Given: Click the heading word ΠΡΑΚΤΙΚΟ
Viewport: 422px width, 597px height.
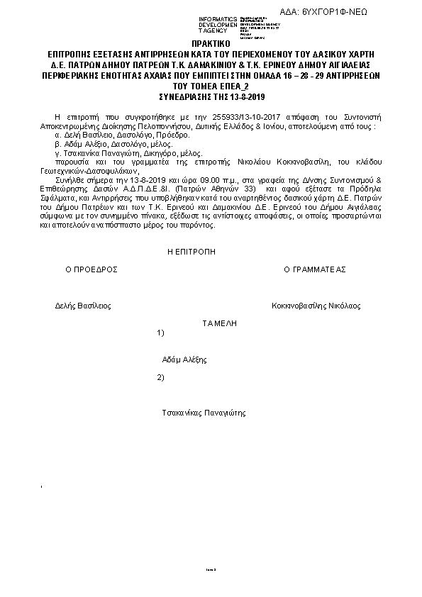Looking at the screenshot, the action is pos(211,44).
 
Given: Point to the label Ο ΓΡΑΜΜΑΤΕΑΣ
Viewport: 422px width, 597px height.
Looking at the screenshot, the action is pos(314,270).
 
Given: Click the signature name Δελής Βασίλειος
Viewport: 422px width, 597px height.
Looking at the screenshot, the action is pos(82,306).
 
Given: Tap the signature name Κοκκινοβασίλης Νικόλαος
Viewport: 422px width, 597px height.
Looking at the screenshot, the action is pos(316,306).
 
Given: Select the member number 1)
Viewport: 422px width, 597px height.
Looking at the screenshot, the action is pos(160,333).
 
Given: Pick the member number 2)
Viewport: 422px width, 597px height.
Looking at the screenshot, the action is pos(160,376).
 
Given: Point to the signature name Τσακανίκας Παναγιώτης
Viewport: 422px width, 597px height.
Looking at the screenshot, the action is pos(204,412).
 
